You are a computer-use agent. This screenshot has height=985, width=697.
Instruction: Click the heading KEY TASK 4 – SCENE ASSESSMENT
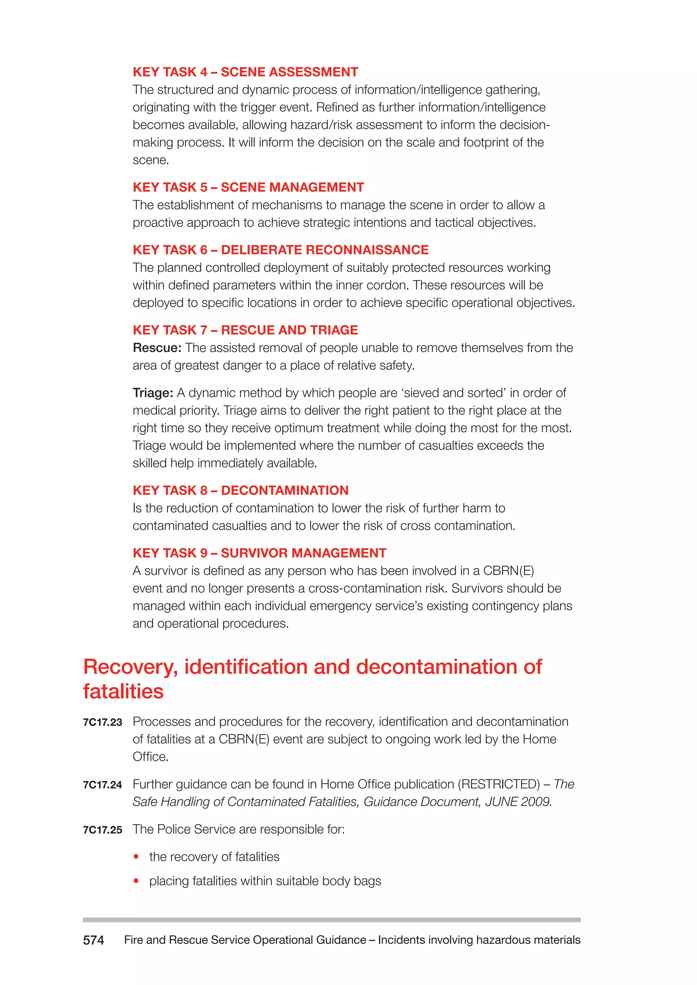(x=245, y=72)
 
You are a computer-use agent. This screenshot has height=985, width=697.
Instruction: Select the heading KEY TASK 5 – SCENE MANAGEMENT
(x=248, y=187)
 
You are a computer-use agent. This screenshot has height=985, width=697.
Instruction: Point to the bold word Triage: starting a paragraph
(x=153, y=393)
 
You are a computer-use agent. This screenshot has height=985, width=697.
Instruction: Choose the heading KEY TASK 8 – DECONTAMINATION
(x=240, y=491)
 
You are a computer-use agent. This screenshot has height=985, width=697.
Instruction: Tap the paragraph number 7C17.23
(x=102, y=722)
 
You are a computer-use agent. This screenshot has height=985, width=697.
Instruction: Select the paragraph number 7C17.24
(x=102, y=785)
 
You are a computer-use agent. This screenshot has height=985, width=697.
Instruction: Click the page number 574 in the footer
(x=93, y=940)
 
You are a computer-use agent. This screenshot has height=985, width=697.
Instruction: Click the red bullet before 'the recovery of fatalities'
(x=136, y=857)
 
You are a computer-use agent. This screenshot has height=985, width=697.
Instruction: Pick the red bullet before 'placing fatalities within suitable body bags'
(x=136, y=881)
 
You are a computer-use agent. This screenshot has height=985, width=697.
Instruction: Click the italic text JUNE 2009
(x=518, y=802)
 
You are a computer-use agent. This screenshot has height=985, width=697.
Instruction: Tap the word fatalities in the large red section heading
(x=123, y=691)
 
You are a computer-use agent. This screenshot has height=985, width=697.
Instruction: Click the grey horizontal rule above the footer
(x=331, y=920)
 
